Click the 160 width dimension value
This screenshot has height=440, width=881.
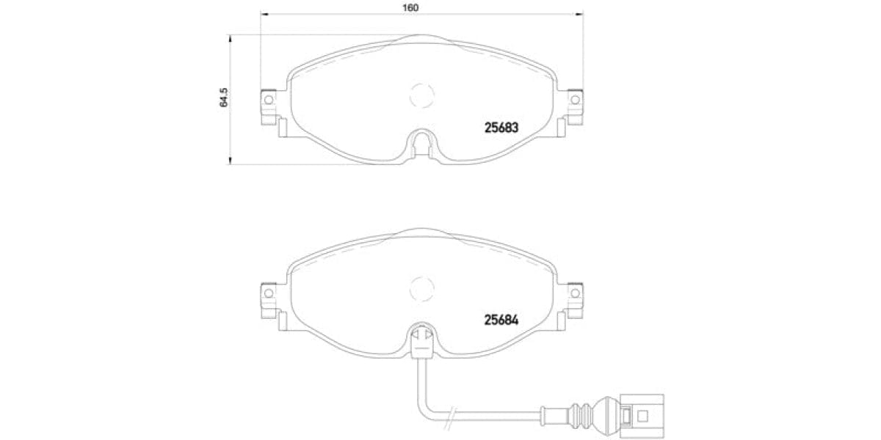pyautogui.click(x=410, y=8)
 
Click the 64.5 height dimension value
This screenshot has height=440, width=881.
pyautogui.click(x=225, y=97)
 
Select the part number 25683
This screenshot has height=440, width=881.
pyautogui.click(x=501, y=127)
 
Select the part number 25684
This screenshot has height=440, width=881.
pyautogui.click(x=501, y=320)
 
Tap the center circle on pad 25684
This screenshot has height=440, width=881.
pyautogui.click(x=421, y=288)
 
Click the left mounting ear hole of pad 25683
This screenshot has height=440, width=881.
pyautogui.click(x=268, y=100)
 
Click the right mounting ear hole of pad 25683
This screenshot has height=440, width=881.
pyautogui.click(x=576, y=100)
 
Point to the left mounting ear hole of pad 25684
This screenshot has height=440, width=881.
pyautogui.click(x=268, y=293)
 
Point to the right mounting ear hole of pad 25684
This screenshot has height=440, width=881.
pyautogui.click(x=576, y=293)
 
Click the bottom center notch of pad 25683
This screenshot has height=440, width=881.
pyautogui.click(x=421, y=142)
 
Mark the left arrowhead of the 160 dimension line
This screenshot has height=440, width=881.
pyautogui.click(x=265, y=14)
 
